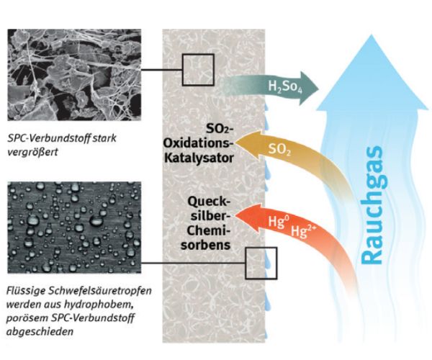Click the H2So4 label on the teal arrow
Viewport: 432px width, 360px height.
284,89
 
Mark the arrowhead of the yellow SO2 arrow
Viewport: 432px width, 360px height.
241,141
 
